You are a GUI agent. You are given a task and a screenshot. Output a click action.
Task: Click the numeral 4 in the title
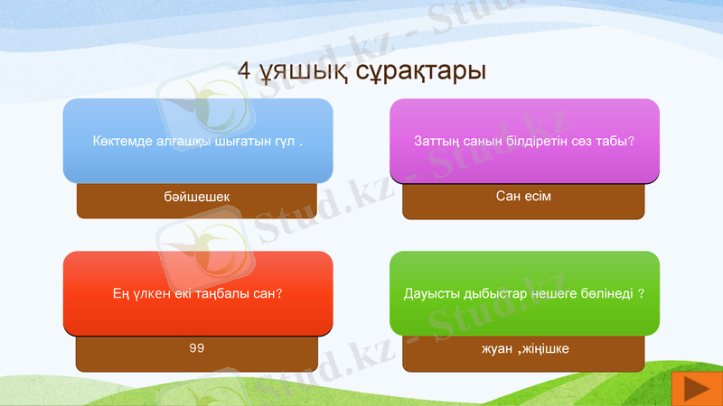[244, 71]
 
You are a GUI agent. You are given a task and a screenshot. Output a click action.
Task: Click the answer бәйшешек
[198, 196]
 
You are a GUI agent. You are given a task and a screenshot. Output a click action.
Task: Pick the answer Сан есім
[523, 196]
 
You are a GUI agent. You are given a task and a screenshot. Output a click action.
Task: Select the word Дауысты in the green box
[428, 293]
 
